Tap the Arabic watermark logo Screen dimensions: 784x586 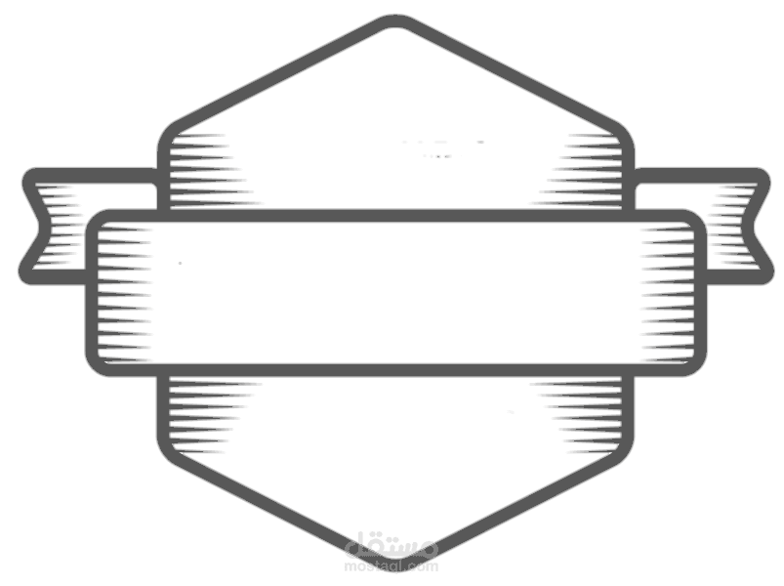(392, 545)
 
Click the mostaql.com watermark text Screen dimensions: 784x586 (392, 566)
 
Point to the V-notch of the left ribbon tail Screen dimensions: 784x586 (44, 226)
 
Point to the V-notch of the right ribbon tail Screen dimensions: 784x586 (749, 226)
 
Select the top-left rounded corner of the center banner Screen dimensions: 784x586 (97, 221)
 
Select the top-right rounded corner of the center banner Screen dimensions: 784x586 (695, 221)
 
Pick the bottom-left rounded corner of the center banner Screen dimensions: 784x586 (97, 365)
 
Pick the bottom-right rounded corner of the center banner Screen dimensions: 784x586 (695, 365)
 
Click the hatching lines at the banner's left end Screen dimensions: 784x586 (124, 293)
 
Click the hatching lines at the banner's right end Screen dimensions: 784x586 (668, 293)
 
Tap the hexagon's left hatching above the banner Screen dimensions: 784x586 (210, 171)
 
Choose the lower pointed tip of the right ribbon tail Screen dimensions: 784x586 (766, 276)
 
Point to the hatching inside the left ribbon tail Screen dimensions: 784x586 (61, 225)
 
